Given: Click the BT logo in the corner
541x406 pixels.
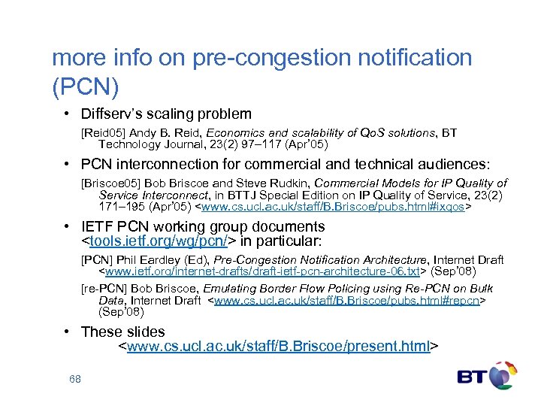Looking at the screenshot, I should (487, 378).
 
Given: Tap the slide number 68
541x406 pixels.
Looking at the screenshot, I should (74, 379).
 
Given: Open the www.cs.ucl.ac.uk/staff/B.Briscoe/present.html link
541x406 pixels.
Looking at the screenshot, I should (279, 347).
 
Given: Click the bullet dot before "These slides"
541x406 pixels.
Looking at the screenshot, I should (68, 332).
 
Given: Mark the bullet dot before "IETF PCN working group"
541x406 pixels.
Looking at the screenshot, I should (68, 227).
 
